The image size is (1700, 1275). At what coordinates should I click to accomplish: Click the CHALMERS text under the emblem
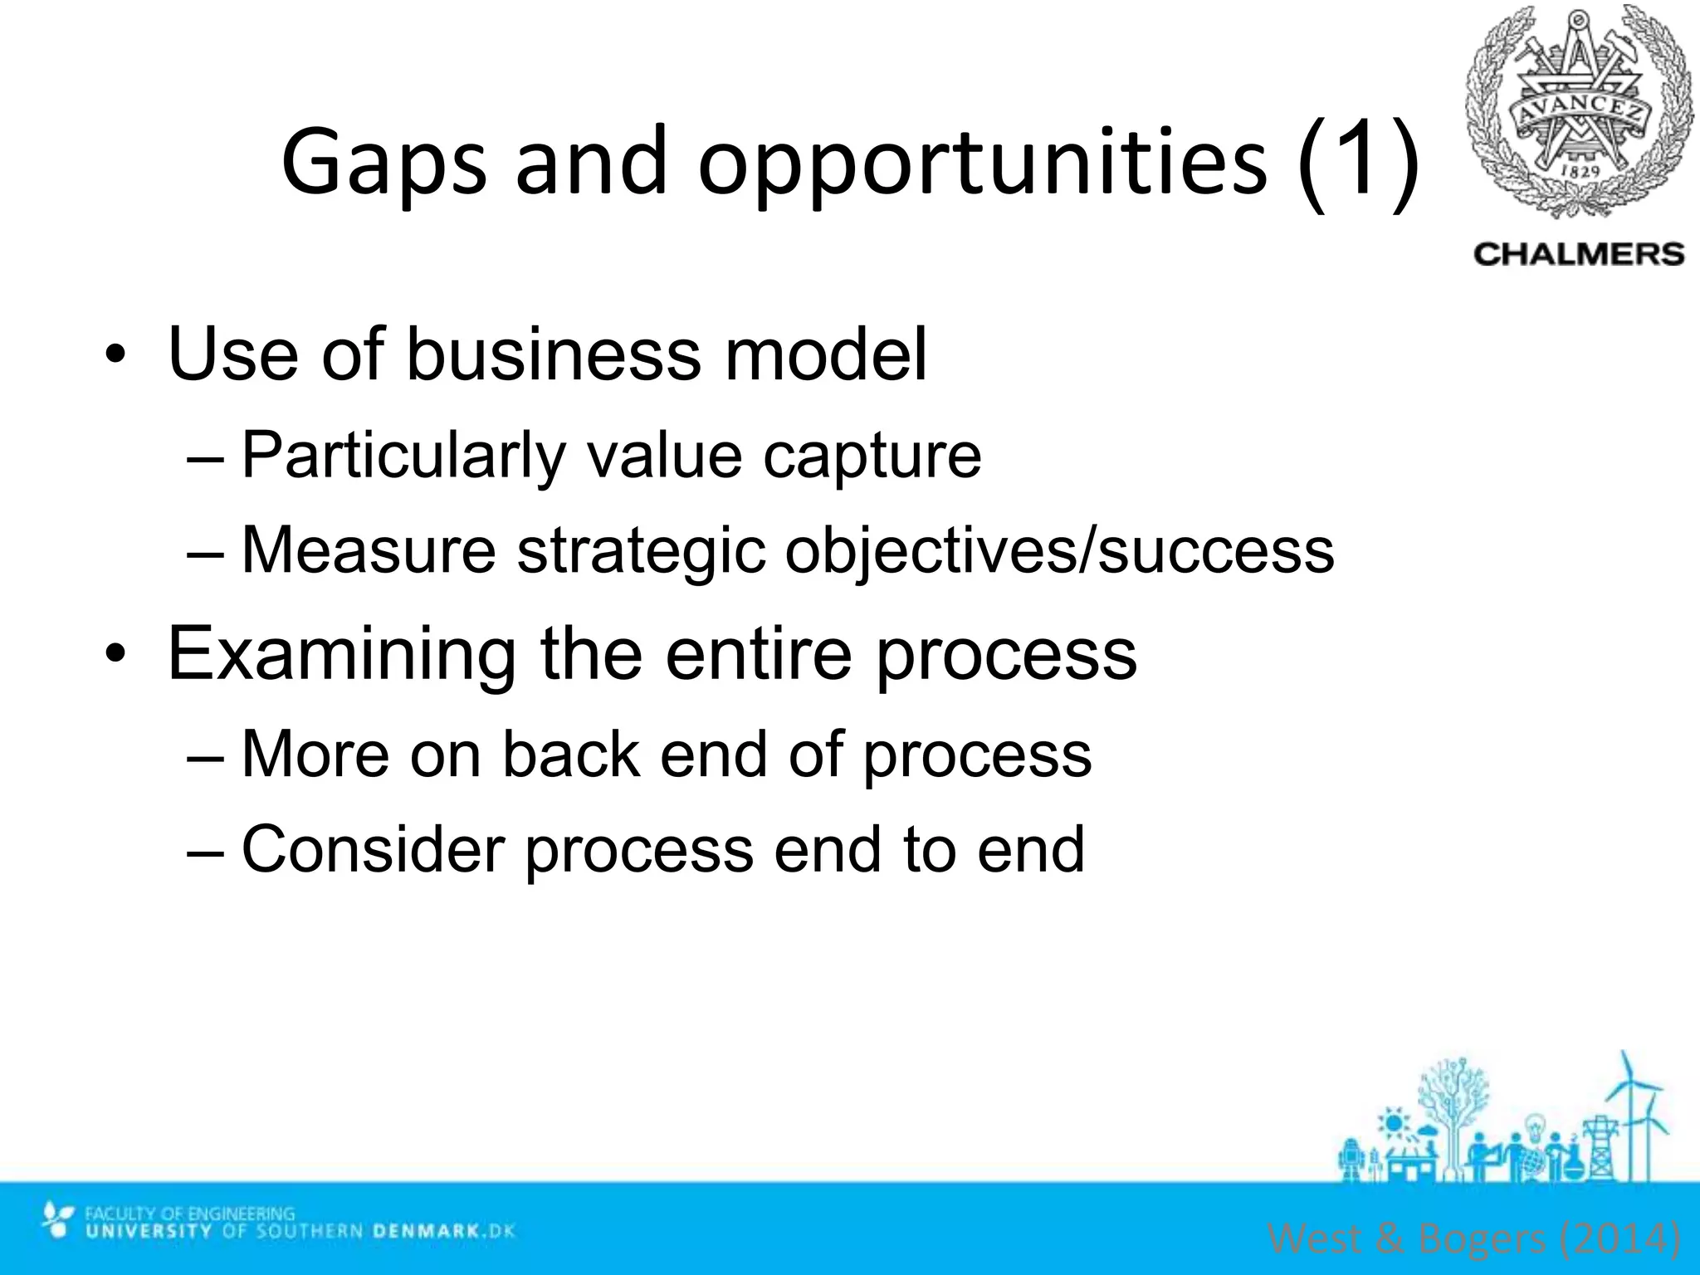(1579, 254)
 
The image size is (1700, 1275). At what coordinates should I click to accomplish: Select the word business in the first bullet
(551, 354)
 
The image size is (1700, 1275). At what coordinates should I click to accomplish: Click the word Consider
(373, 848)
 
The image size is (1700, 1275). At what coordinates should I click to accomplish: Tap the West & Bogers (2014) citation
(1474, 1238)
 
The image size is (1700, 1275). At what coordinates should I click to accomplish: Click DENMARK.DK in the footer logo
(443, 1231)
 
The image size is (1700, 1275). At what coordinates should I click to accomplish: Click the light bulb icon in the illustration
(1535, 1126)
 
